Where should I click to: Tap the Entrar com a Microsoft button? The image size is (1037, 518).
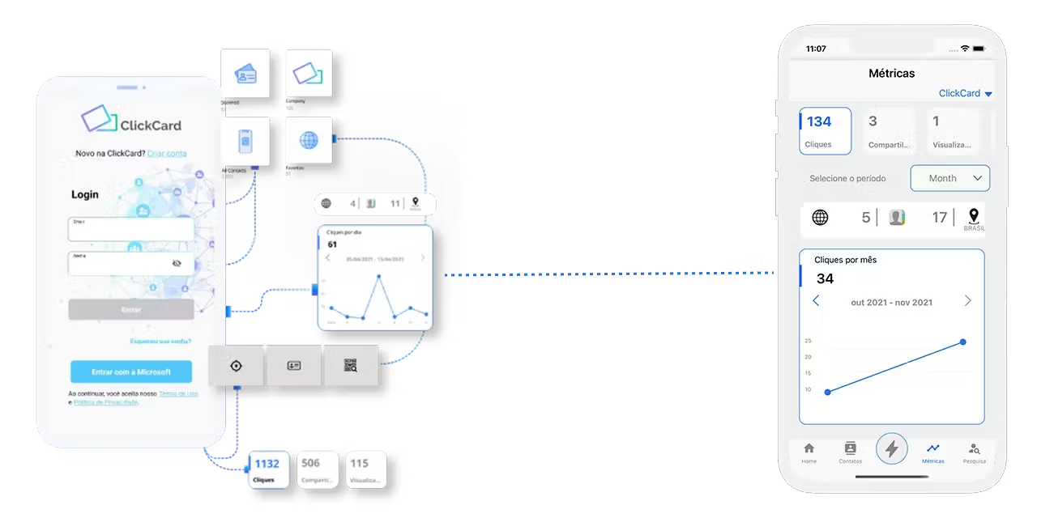coord(131,372)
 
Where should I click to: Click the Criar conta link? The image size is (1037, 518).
coord(167,153)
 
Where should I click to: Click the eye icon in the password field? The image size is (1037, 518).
coord(177,263)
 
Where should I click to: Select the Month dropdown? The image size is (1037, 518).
coord(950,178)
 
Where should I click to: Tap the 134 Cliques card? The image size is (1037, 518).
coord(825,131)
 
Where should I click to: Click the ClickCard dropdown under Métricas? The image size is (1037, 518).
coord(965,93)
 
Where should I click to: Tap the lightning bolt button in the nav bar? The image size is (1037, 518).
coord(891,448)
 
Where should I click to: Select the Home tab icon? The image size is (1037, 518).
coord(809,449)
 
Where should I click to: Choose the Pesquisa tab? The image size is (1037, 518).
coord(974,449)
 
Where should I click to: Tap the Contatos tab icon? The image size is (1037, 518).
coord(850,449)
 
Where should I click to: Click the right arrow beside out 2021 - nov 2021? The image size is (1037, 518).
coord(967,301)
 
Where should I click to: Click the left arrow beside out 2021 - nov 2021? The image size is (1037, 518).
coord(816,301)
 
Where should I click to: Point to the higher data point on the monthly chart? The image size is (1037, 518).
coord(963,342)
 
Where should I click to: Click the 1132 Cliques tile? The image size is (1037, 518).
coord(267,469)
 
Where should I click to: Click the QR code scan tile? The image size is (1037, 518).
coord(351,366)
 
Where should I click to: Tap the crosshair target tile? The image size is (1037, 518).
coord(236,366)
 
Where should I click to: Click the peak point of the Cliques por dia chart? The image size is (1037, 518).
coord(379,276)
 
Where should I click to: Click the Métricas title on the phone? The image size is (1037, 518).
coord(891,73)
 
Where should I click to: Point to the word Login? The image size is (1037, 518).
coord(85,194)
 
